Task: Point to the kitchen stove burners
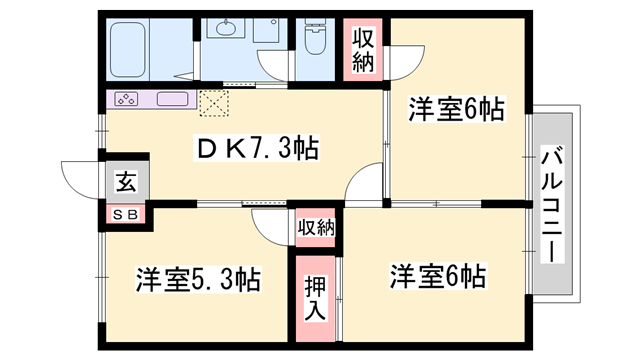[127, 99]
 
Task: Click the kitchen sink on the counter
[171, 99]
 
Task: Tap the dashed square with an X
[213, 102]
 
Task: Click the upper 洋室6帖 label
[456, 110]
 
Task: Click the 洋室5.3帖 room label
[198, 279]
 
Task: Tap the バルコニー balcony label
[552, 206]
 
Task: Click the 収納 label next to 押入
[315, 228]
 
